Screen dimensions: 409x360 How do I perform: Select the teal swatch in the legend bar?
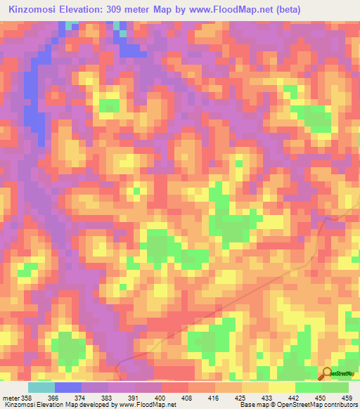click(x=41, y=387)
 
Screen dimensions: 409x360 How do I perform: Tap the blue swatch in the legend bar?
click(x=68, y=387)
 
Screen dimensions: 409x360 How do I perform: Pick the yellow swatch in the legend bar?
click(x=282, y=387)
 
